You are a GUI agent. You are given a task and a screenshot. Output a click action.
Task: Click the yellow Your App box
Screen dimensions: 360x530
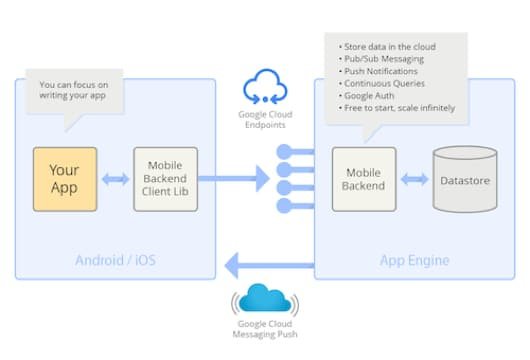pyautogui.click(x=65, y=179)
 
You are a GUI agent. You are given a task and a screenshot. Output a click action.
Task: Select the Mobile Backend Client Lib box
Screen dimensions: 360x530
pyautogui.click(x=166, y=179)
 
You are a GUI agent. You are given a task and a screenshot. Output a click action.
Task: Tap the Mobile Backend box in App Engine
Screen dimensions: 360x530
pyautogui.click(x=364, y=179)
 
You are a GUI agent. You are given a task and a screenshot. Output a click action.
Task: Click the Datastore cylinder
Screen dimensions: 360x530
pyautogui.click(x=465, y=179)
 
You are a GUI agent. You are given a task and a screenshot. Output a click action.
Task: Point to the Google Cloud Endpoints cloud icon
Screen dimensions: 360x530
pyautogui.click(x=265, y=87)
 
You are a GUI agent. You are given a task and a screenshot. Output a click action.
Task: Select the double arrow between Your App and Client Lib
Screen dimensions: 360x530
pyautogui.click(x=115, y=180)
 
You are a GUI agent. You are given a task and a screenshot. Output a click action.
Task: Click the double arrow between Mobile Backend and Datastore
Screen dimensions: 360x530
pyautogui.click(x=414, y=180)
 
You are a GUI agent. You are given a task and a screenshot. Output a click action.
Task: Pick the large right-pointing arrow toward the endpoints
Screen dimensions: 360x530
pyautogui.click(x=245, y=179)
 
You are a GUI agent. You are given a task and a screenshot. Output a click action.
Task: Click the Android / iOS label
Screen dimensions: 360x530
pyautogui.click(x=115, y=261)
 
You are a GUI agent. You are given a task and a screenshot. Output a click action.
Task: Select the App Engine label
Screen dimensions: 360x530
pyautogui.click(x=413, y=261)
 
